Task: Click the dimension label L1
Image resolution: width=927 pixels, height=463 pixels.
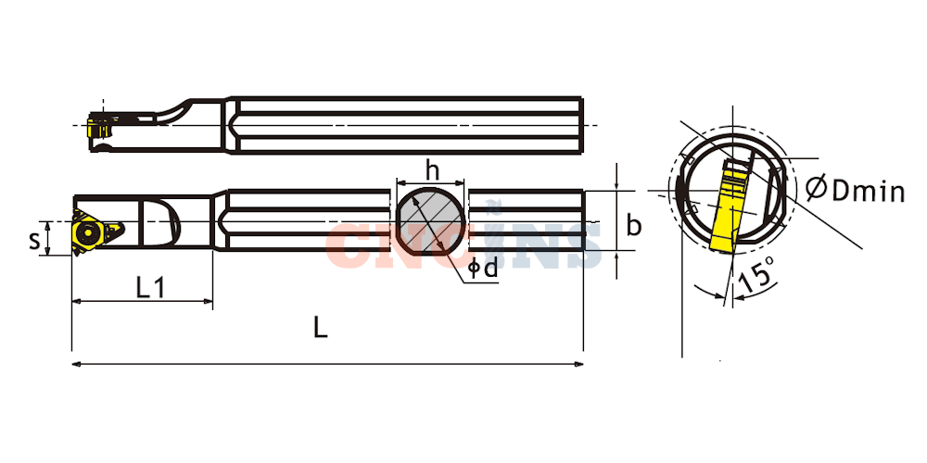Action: pos(149,288)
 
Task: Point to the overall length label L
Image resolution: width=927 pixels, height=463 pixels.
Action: pos(320,328)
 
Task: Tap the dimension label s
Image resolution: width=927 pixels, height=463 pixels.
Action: pos(35,239)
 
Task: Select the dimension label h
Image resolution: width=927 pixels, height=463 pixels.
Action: pos(433,170)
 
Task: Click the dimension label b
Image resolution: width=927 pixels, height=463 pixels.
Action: pos(634,225)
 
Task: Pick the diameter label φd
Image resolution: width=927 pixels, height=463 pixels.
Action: pos(482,269)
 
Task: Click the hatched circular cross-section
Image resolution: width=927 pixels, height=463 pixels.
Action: pos(430,222)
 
